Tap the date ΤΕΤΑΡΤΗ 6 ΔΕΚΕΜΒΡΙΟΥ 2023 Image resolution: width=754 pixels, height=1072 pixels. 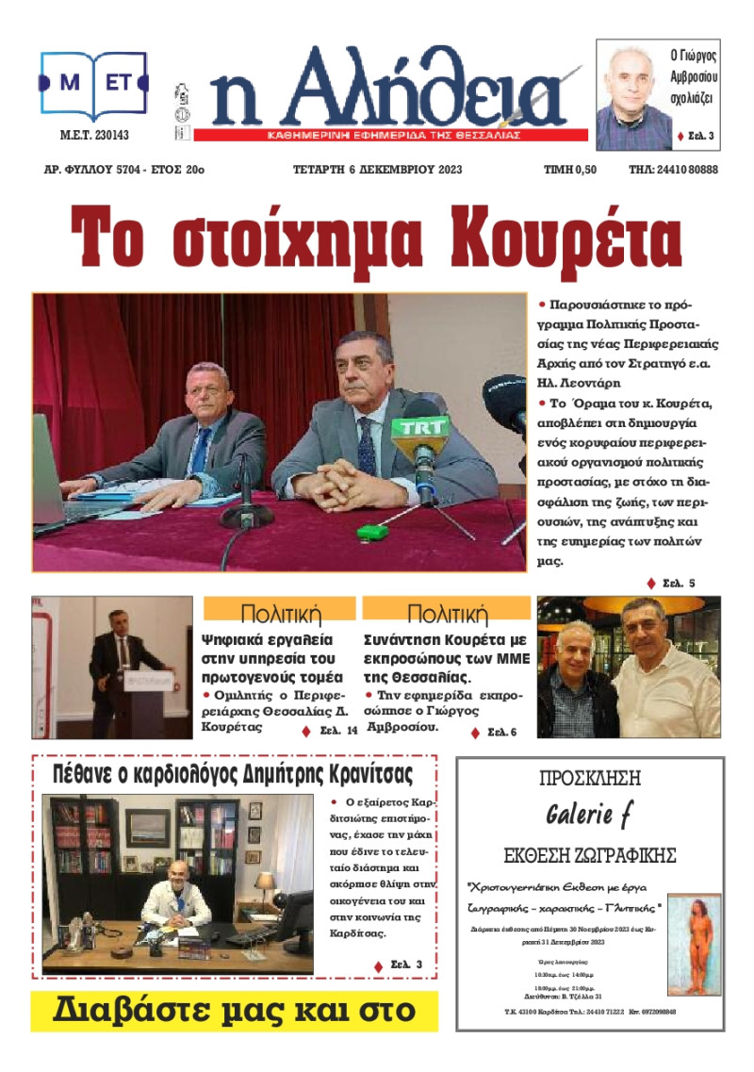[x=378, y=171]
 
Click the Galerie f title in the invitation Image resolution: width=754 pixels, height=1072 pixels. [x=591, y=816]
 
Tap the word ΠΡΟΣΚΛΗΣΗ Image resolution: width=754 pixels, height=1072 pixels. [x=590, y=780]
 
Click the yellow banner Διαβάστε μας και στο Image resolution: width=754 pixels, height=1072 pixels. [x=234, y=1011]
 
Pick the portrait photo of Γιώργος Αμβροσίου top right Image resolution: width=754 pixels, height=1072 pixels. [x=633, y=97]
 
